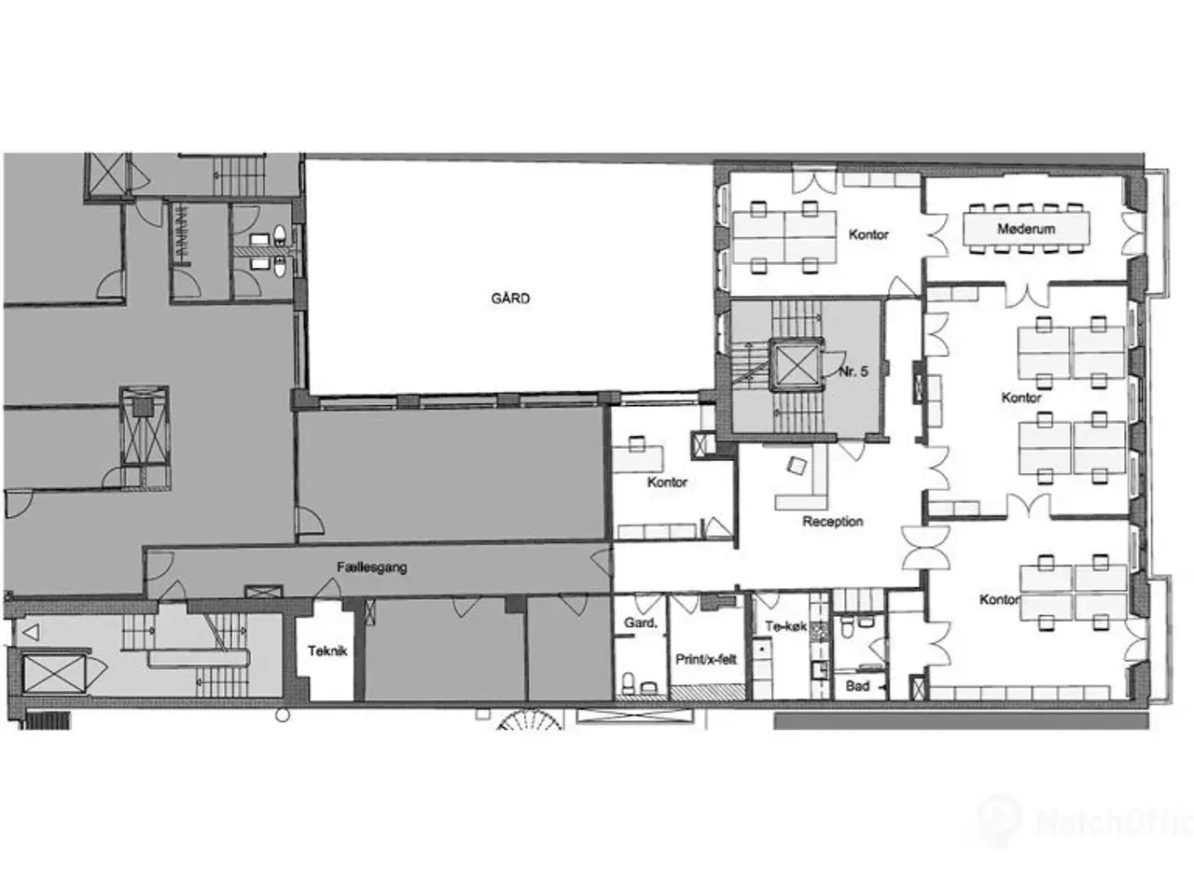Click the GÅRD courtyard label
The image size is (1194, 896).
[x=510, y=298]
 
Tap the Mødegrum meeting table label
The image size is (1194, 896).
[x=1026, y=229]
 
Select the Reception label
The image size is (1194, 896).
[x=833, y=521]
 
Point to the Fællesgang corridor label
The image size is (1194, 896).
[x=371, y=567]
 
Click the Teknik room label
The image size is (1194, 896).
[x=327, y=651]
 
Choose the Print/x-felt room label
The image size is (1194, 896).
[x=705, y=659]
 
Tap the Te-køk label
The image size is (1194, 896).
[x=785, y=626]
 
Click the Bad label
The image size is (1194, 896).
[x=857, y=686]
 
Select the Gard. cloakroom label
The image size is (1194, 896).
[x=641, y=623]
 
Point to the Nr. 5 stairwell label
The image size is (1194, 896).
[x=854, y=371]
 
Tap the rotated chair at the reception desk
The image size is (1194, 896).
[x=796, y=465]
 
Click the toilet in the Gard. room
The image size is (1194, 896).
[x=629, y=683]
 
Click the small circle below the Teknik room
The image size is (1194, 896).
[x=283, y=715]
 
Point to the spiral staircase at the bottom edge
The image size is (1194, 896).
[x=530, y=721]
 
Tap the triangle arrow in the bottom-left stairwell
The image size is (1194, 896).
[x=31, y=633]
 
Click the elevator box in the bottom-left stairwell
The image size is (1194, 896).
[x=54, y=674]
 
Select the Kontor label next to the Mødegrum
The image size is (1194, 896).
[x=868, y=234]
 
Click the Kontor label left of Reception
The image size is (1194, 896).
[x=667, y=482]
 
